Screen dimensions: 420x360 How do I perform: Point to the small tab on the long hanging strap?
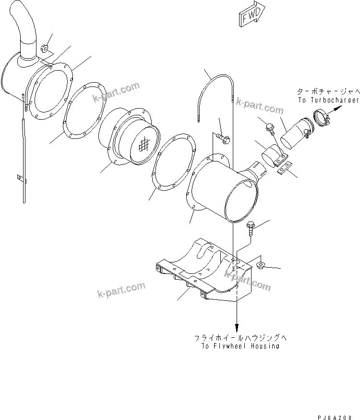(x=20, y=178)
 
